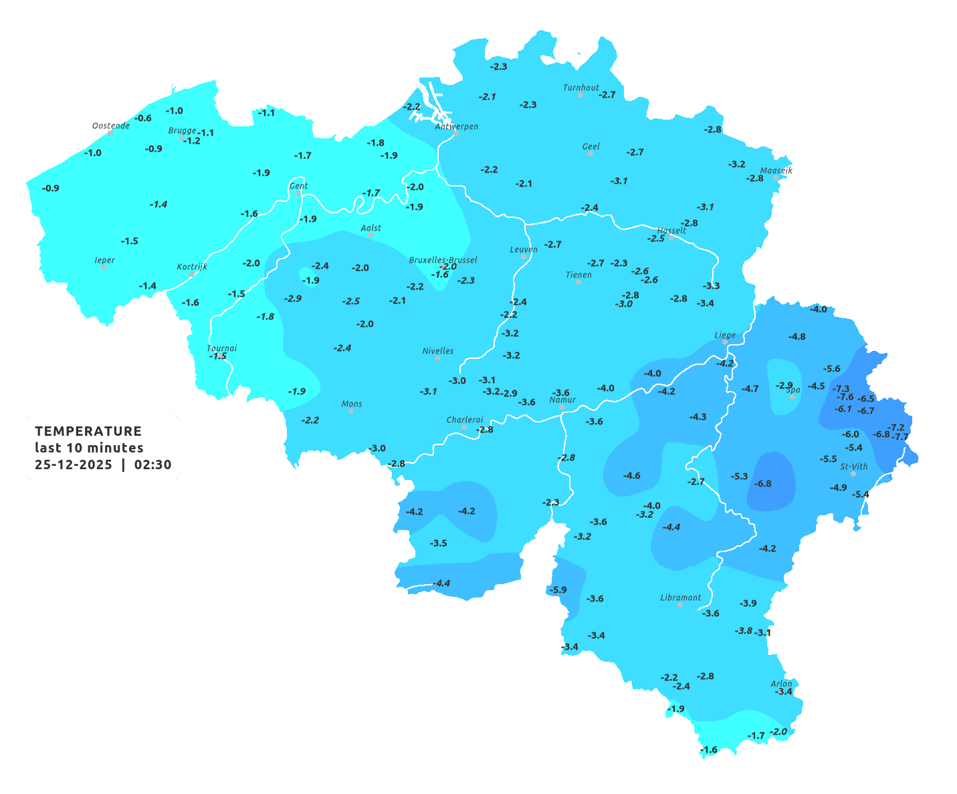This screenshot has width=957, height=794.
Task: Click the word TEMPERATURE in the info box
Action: pos(88,431)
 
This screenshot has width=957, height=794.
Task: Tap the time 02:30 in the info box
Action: pos(152,465)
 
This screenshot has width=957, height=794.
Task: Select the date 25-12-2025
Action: pos(74,465)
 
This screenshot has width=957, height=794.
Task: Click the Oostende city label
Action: pos(111,126)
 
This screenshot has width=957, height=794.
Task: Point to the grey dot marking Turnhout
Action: pos(580,95)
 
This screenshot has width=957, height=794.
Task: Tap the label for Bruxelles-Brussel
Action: pos(443,259)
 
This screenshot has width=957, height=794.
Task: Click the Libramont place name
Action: pos(681,598)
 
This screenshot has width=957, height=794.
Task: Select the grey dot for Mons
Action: pos(351,411)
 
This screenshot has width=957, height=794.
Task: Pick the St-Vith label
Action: pos(854,467)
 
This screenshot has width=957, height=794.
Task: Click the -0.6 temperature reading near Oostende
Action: pos(143,118)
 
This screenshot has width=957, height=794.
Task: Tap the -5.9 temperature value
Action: pos(557,589)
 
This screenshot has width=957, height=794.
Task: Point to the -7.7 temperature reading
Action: pos(901,437)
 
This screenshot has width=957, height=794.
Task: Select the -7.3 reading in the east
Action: pos(841,388)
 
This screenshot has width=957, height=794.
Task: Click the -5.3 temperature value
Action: pos(740,477)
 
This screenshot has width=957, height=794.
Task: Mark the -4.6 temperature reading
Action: pos(632,476)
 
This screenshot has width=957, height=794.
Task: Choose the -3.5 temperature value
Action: pos(439,543)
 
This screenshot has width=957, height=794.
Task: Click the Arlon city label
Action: pos(781,684)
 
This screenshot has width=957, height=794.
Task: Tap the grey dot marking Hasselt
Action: pos(671,237)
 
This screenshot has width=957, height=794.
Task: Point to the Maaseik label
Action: pos(776,170)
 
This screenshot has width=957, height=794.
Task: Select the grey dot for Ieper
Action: pos(104,267)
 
